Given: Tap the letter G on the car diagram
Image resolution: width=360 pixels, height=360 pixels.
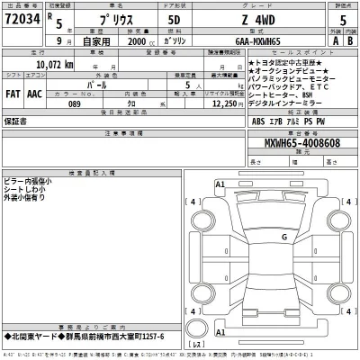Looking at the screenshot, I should pos(283,237).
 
